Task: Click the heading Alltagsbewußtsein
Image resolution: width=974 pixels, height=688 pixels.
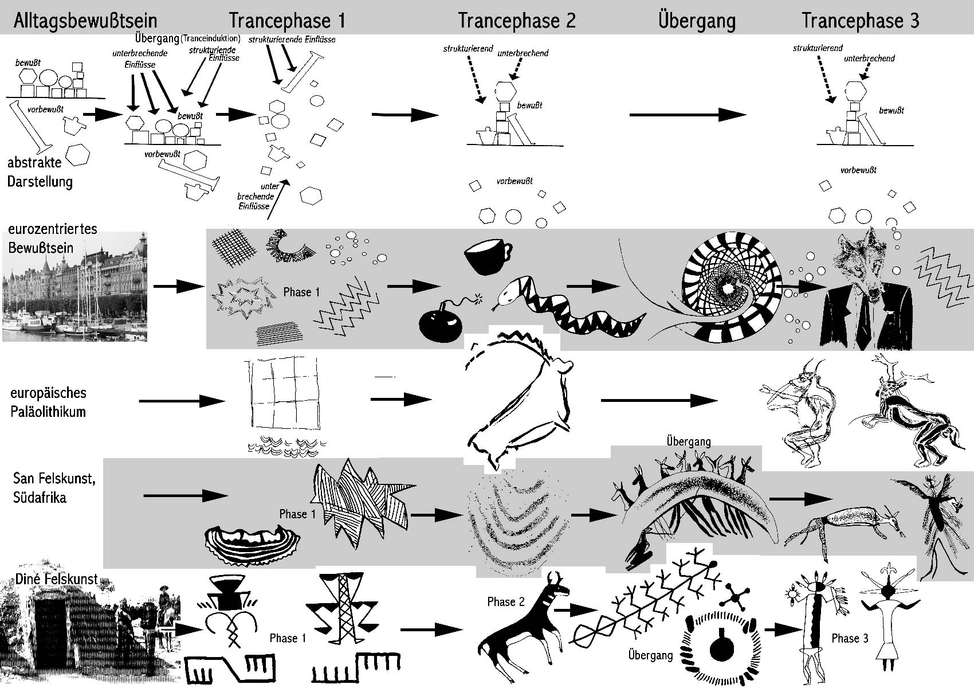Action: [x=85, y=21]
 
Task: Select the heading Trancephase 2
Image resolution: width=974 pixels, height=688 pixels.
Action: [x=516, y=21]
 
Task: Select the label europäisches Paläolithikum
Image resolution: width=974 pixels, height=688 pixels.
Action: [x=49, y=402]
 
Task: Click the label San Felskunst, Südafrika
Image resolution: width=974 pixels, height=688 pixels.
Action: [x=54, y=487]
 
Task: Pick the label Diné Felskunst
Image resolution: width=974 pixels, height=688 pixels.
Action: [x=57, y=579]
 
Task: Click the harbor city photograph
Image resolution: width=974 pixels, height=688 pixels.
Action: [x=74, y=287]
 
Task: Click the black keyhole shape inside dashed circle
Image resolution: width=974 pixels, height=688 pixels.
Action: [x=720, y=647]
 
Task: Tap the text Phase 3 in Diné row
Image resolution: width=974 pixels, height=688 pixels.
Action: [x=850, y=638]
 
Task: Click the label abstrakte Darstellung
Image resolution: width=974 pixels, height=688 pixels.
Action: [x=40, y=172]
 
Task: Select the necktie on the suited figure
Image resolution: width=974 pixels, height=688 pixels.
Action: [x=867, y=318]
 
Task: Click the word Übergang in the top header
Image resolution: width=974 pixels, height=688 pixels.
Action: [x=697, y=21]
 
